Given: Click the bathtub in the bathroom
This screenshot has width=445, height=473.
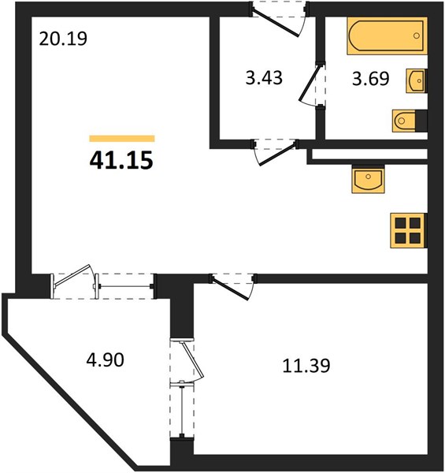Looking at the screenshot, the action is pos(388,36).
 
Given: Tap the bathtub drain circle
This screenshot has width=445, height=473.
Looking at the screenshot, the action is pos(417,36).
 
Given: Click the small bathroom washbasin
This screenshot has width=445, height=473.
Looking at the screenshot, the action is pos(417,80).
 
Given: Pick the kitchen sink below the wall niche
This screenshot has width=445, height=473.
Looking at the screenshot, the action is pos(368,179).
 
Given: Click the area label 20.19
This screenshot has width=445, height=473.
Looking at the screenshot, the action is pos(63,39).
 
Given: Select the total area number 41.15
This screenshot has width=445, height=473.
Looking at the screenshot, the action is pos(121,160).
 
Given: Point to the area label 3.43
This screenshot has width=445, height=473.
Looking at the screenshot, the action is pos(264,78).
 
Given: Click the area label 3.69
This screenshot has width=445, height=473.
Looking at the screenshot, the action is pos(371,79).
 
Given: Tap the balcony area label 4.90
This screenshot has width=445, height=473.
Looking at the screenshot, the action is pos(106,360).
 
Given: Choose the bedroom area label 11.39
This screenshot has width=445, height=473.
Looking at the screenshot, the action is pos(306,366).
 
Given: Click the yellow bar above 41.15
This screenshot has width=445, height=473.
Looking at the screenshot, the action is pos(122,139).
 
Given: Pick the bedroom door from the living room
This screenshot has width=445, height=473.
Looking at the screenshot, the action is pos(233,286).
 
